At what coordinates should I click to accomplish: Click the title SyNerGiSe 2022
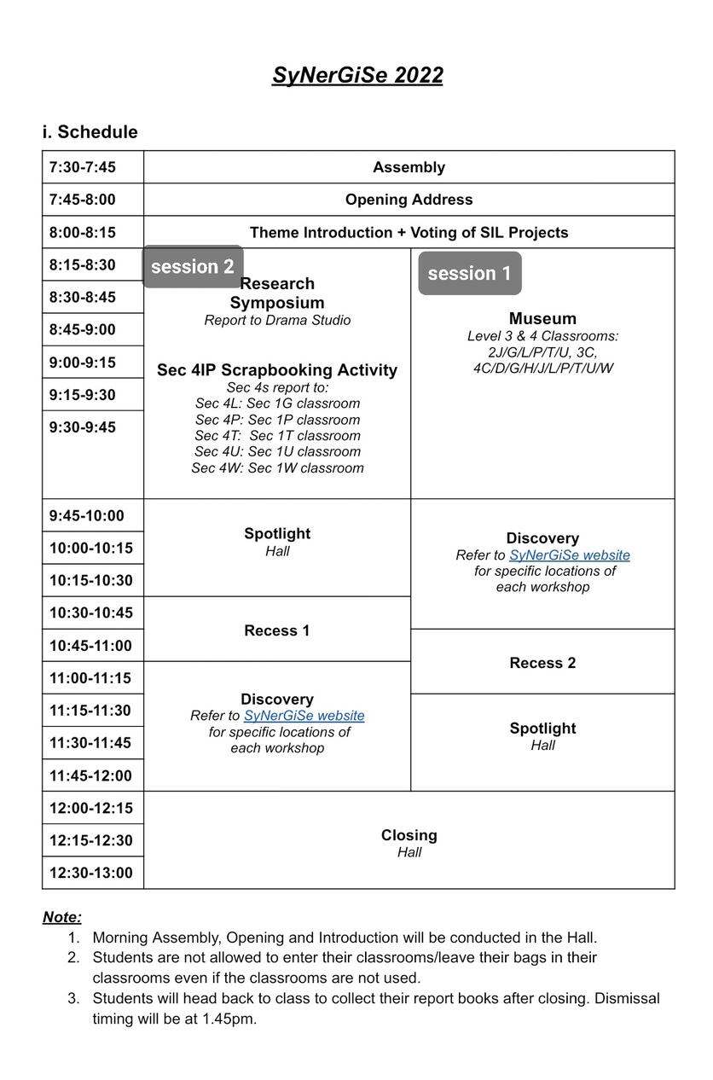tap(357, 75)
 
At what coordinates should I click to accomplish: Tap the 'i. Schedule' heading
tap(90, 132)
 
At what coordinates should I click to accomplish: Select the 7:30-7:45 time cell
tap(83, 167)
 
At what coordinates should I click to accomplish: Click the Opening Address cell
tap(409, 200)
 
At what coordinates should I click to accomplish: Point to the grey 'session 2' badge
tap(193, 267)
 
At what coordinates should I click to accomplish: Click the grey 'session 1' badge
tap(469, 274)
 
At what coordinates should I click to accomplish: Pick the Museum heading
tap(542, 319)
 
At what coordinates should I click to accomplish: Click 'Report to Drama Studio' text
tap(277, 321)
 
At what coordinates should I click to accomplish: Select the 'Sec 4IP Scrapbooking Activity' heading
tap(277, 370)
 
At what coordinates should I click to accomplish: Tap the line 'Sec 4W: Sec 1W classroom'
tap(277, 468)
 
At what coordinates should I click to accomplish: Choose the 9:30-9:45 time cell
tap(83, 427)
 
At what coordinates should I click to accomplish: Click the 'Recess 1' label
tap(277, 630)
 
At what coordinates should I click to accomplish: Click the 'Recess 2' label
tap(542, 663)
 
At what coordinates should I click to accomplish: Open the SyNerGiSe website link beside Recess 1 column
tap(304, 716)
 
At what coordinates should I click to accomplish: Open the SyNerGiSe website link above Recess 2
tap(570, 555)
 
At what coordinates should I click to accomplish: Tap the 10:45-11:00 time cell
tap(90, 646)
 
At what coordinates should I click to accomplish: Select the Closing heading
tap(409, 835)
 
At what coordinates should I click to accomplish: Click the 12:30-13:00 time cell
tap(90, 873)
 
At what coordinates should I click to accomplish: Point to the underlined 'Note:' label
tap(62, 917)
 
